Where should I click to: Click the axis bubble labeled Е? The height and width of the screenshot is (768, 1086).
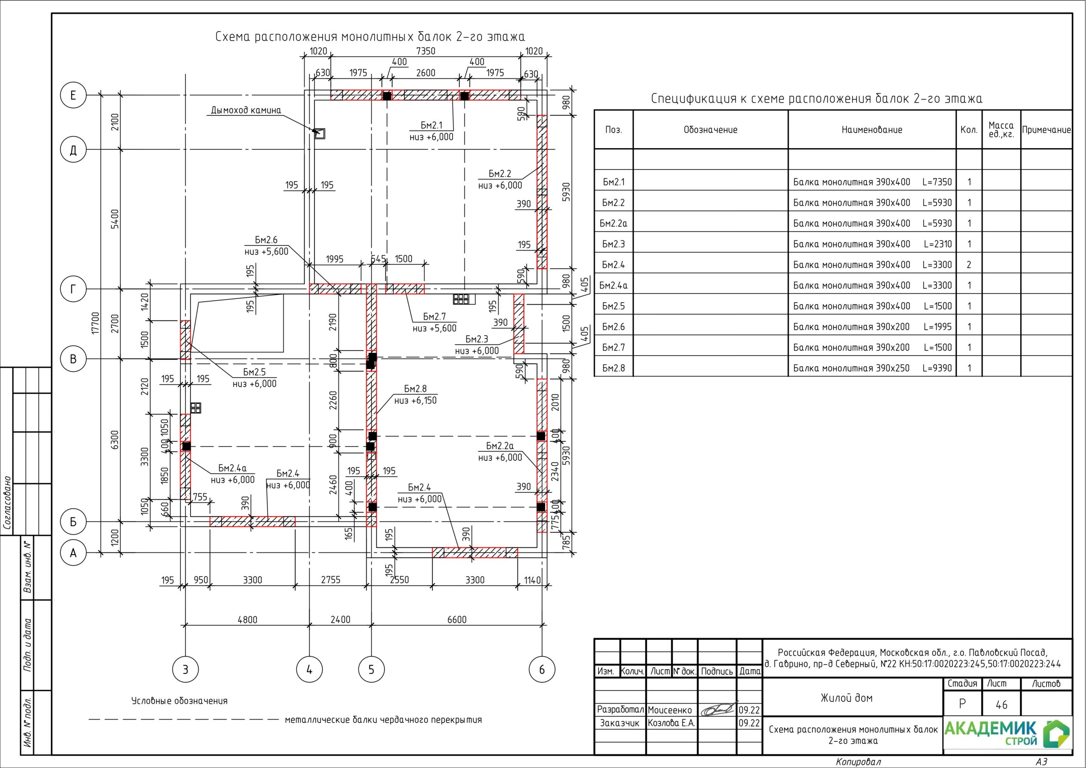pyautogui.click(x=73, y=95)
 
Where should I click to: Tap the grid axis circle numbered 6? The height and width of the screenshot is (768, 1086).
pyautogui.click(x=542, y=670)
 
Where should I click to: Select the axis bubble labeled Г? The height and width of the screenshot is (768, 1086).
pyautogui.click(x=73, y=289)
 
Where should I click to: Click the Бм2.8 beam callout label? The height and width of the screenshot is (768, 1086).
pyautogui.click(x=415, y=389)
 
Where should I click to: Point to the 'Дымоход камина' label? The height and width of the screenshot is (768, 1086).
pyautogui.click(x=246, y=110)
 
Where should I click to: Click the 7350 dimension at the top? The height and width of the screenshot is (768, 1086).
pyautogui.click(x=425, y=51)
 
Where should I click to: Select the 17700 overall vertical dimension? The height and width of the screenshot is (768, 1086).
pyautogui.click(x=96, y=323)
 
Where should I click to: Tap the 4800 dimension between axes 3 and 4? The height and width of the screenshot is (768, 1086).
pyautogui.click(x=247, y=620)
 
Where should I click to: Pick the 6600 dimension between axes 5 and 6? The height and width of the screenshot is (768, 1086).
pyautogui.click(x=457, y=620)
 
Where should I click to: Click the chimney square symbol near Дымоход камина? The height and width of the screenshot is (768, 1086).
pyautogui.click(x=320, y=133)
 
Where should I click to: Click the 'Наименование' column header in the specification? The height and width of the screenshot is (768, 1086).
pyautogui.click(x=872, y=130)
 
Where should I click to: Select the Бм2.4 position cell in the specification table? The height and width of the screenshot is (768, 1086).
pyautogui.click(x=613, y=264)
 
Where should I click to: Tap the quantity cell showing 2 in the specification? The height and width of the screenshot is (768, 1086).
pyautogui.click(x=968, y=264)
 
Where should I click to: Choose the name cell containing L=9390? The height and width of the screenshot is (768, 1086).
pyautogui.click(x=872, y=368)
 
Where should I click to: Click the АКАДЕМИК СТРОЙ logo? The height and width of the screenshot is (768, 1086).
pyautogui.click(x=1007, y=734)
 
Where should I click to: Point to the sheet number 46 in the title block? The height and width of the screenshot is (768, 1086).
pyautogui.click(x=1001, y=705)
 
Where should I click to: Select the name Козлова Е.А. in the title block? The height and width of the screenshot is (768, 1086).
pyautogui.click(x=671, y=723)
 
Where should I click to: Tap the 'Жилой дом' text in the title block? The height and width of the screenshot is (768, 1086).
pyautogui.click(x=847, y=698)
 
